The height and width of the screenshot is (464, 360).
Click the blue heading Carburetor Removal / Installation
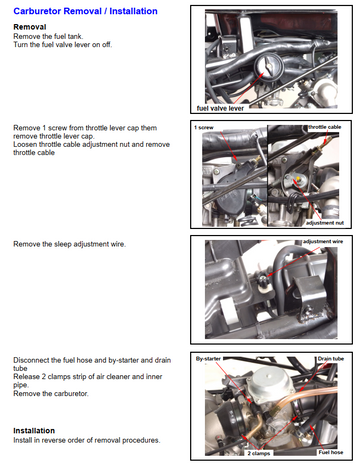pos(85,11)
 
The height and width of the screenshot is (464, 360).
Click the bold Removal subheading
pos(30,27)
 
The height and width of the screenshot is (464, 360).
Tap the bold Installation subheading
pos(34,430)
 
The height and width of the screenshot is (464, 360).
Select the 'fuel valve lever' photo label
pos(220,108)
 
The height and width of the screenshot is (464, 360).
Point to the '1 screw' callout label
pos(204,127)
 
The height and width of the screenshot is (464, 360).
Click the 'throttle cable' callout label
pos(325,127)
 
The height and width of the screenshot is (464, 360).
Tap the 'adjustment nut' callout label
pos(325,223)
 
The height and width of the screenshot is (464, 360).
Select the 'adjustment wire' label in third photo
pos(323,241)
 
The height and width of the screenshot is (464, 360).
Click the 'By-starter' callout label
pos(208,359)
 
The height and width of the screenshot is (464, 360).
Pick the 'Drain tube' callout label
pos(331,359)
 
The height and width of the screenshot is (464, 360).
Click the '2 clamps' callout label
pos(259,453)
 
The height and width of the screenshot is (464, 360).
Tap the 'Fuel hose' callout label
pos(331,452)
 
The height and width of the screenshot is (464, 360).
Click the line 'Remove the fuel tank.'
pos(48,36)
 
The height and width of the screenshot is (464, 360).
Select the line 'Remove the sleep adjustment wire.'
pos(70,244)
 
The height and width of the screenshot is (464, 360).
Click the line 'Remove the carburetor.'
pos(51,393)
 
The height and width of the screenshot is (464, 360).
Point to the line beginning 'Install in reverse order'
pos(87,440)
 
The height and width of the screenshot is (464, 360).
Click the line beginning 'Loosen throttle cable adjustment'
pos(92,144)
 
